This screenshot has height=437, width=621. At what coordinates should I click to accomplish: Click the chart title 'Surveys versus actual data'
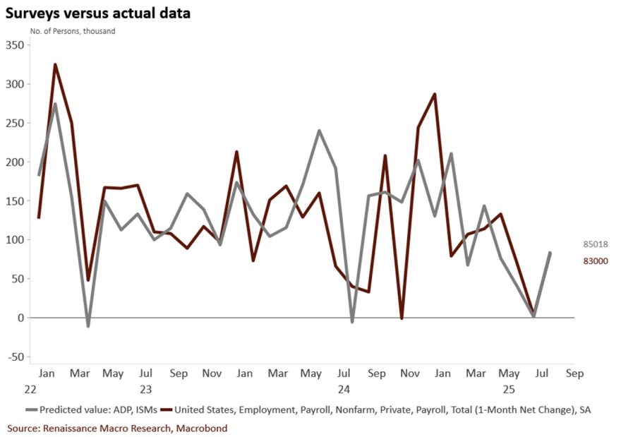(98, 13)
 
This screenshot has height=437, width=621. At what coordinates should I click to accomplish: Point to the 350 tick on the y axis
(15, 45)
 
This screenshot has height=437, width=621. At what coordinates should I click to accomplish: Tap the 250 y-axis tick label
(15, 123)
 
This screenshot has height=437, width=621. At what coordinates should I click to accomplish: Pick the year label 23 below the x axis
(145, 389)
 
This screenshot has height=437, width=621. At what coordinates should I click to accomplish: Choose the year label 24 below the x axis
(344, 389)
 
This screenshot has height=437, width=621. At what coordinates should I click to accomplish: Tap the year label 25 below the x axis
(507, 389)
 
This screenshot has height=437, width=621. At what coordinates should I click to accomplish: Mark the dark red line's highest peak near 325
(55, 65)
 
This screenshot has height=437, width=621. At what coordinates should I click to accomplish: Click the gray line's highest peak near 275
(55, 104)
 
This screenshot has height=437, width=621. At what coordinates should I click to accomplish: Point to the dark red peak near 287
(435, 94)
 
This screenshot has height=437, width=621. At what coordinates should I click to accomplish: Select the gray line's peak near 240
(319, 131)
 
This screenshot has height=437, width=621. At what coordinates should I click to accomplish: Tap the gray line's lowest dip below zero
(88, 326)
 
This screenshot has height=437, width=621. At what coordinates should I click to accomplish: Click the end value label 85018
(595, 244)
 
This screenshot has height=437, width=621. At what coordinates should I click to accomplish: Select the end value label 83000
(595, 261)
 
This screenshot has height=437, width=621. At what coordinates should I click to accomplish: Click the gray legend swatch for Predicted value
(31, 409)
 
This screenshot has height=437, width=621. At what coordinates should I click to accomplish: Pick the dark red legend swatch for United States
(167, 409)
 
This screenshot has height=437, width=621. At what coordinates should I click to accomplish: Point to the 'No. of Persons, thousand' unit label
(73, 31)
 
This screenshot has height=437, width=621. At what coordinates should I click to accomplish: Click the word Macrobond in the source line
(202, 428)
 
